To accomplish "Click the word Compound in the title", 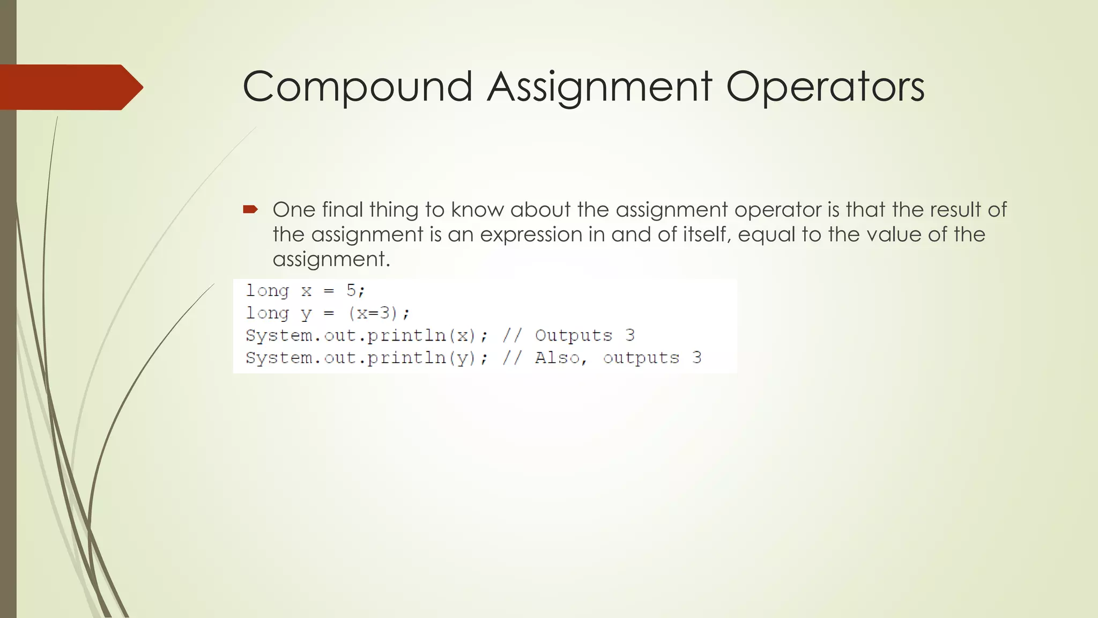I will (x=358, y=87).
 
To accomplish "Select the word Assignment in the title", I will (x=599, y=87).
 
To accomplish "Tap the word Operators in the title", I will (x=825, y=87).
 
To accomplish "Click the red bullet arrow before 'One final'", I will (x=250, y=209).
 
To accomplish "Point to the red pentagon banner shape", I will (x=70, y=87).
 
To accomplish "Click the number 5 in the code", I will (x=351, y=290).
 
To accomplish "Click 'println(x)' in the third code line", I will (x=422, y=335).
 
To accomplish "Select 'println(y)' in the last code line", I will (x=422, y=358).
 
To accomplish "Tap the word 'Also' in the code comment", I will (x=557, y=358).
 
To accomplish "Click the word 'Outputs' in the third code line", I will (x=574, y=335).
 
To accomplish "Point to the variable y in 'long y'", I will (x=306, y=313).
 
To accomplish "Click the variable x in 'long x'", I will (x=306, y=291).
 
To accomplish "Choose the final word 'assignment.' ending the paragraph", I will (x=331, y=259).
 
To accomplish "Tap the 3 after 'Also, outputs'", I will (x=696, y=358).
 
